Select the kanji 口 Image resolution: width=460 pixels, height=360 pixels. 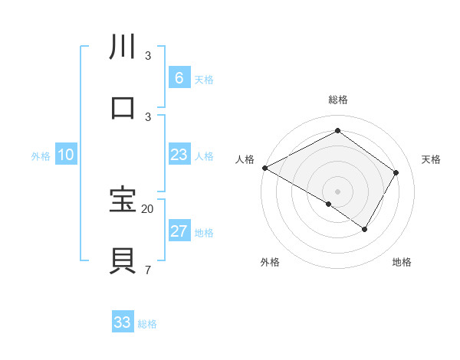[123, 108]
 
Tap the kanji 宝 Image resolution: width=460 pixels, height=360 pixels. [123, 200]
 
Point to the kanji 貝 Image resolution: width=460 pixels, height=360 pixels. [123, 261]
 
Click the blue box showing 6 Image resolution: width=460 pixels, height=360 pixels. [179, 77]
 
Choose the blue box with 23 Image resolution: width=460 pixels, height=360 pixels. [179, 155]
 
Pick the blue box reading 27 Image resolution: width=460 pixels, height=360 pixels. [179, 231]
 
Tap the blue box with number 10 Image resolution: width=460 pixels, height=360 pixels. [66, 155]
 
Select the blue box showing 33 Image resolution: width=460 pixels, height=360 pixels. [123, 322]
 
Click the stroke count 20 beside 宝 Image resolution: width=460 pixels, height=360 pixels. [148, 208]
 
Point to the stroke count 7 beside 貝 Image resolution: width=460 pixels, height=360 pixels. [147, 270]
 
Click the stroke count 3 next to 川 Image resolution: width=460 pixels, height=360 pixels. [147, 56]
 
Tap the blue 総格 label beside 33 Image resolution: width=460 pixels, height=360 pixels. [147, 324]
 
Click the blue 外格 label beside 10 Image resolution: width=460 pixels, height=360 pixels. [41, 156]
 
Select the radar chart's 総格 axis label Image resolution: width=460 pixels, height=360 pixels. [337, 100]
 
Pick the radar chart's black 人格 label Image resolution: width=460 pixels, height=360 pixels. [245, 159]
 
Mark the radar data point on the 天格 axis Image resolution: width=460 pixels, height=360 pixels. [396, 172]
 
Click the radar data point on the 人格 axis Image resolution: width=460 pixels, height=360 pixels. [264, 168]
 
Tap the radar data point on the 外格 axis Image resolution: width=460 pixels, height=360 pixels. [329, 204]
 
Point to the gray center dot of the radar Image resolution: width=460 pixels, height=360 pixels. [337, 191]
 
